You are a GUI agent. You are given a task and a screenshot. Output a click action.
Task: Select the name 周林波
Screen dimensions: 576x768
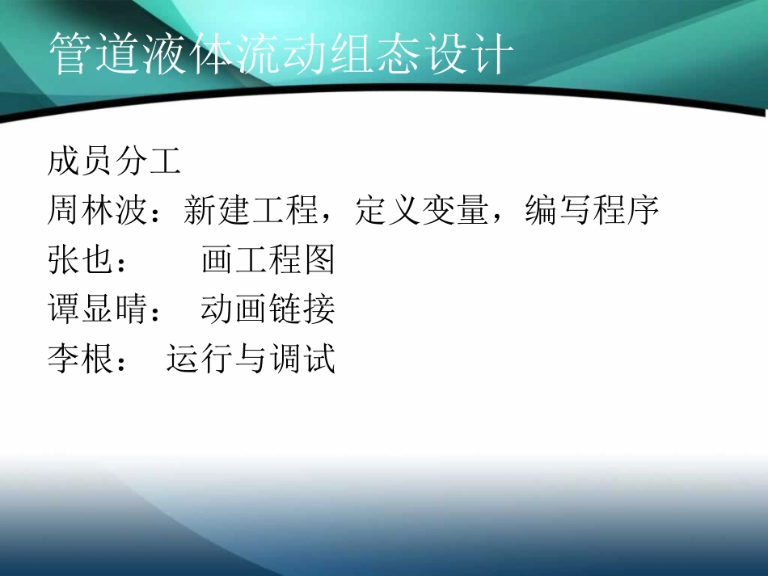[97, 212]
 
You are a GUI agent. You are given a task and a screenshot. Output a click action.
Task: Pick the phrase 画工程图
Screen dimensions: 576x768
[268, 261]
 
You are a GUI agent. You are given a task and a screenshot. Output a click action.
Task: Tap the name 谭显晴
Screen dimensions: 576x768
[97, 309]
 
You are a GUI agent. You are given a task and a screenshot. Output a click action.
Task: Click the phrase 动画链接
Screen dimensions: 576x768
[268, 309]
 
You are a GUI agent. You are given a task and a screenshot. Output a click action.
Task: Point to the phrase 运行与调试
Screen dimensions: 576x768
[251, 358]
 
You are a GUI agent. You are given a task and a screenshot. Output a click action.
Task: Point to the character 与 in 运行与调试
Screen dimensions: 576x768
[251, 358]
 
